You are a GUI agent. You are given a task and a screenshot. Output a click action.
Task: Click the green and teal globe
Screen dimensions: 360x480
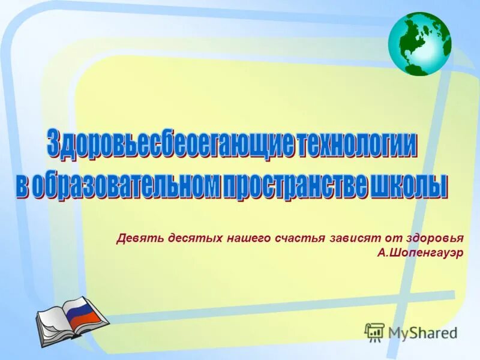tap(419, 44)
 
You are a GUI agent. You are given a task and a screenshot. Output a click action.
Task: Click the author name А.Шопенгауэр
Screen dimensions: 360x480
tap(421, 253)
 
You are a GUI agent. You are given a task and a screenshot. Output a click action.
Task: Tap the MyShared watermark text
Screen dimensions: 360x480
tap(423, 332)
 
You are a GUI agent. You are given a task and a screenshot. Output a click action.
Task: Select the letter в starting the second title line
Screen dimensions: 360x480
tap(22, 184)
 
